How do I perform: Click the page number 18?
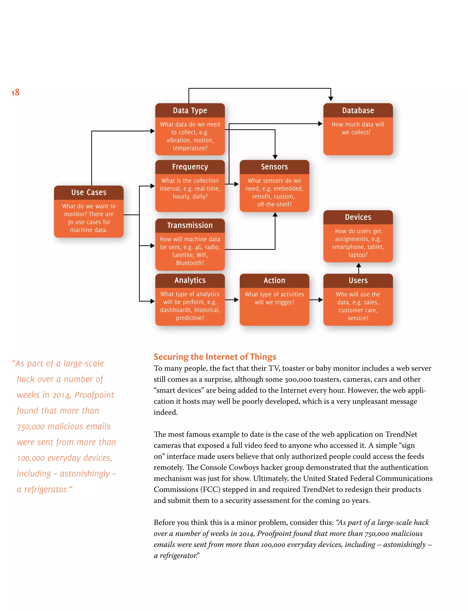15,92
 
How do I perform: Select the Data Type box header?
190,110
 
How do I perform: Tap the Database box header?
358,110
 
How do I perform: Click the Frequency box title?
190,167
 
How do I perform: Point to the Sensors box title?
274,167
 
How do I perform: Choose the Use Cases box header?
89,192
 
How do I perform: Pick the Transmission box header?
190,225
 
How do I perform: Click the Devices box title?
358,217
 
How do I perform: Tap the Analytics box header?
190,280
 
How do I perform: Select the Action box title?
274,280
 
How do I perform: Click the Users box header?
358,280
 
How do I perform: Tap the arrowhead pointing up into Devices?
359,265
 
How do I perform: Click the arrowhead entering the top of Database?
331,99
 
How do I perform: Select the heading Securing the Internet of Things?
215,357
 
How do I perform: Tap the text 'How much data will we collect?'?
358,128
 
